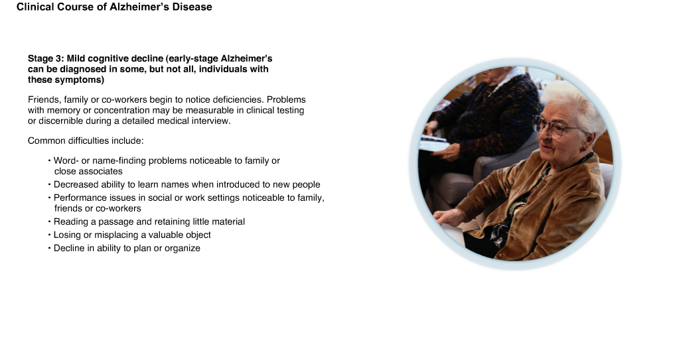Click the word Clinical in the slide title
pos(35,7)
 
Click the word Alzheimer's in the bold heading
pos(246,59)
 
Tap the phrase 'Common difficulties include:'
pos(86,141)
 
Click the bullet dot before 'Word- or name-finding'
pos(50,160)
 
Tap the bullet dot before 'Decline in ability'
pos(50,248)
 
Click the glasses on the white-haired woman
pos(552,127)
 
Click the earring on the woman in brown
pos(583,149)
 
